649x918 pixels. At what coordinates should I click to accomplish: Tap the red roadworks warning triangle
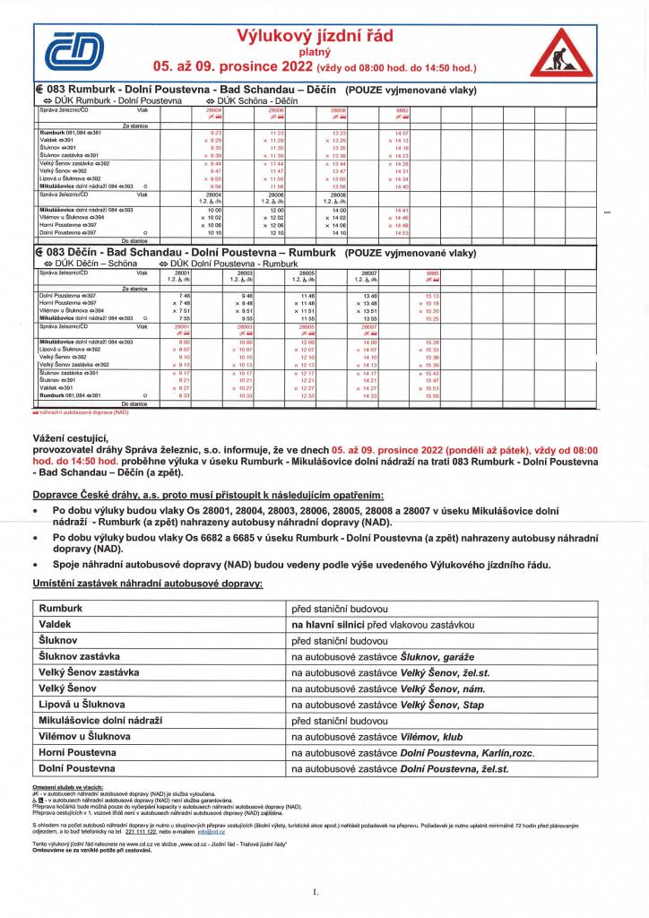tap(561, 55)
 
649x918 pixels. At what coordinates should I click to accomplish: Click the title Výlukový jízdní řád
tap(314, 36)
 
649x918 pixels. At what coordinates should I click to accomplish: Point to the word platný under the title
tap(314, 52)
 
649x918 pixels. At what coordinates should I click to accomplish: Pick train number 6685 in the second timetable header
tap(433, 273)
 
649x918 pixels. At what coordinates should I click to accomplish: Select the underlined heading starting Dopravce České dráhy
tap(208, 495)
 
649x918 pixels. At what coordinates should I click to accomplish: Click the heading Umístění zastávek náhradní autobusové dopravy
tap(147, 584)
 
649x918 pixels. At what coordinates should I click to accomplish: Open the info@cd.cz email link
tap(212, 832)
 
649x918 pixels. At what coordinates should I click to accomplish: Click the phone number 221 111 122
tap(141, 832)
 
